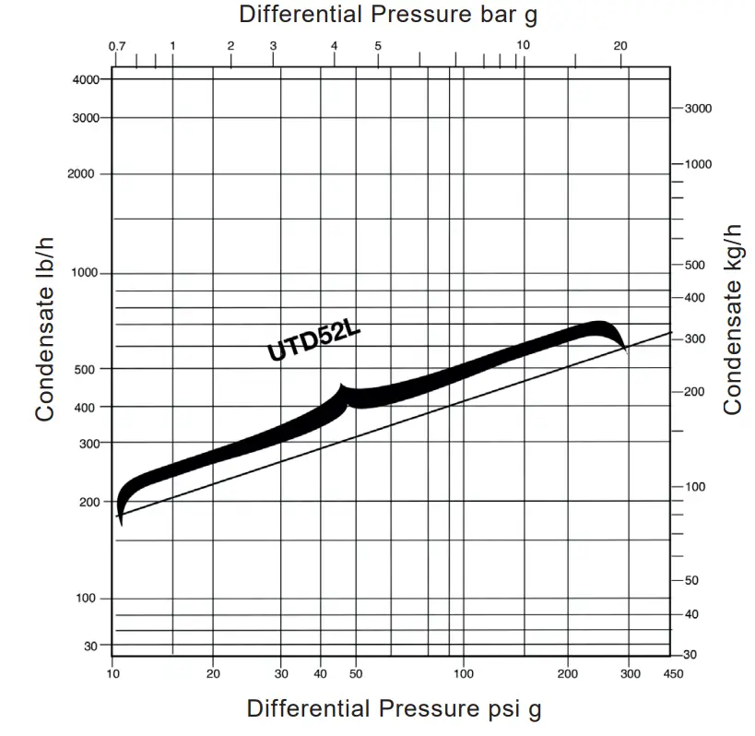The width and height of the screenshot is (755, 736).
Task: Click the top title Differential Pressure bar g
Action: click(x=387, y=15)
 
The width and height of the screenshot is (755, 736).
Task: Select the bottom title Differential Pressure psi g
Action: click(x=394, y=708)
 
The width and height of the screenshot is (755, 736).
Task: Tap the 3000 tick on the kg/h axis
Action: click(x=698, y=109)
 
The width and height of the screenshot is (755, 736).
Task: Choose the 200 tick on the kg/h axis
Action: click(x=694, y=392)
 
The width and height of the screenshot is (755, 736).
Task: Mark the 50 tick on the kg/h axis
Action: click(x=691, y=580)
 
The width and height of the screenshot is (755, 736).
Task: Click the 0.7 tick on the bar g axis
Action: click(x=116, y=46)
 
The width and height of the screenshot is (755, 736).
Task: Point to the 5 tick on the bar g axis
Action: click(x=378, y=46)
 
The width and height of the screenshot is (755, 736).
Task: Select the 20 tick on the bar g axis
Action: click(x=620, y=46)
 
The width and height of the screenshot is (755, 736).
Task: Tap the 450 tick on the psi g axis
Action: click(x=673, y=674)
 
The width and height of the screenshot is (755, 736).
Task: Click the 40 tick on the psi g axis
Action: click(x=322, y=674)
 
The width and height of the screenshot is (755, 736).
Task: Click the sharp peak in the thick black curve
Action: click(x=342, y=386)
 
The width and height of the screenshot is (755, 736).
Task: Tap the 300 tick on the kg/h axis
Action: click(x=694, y=339)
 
